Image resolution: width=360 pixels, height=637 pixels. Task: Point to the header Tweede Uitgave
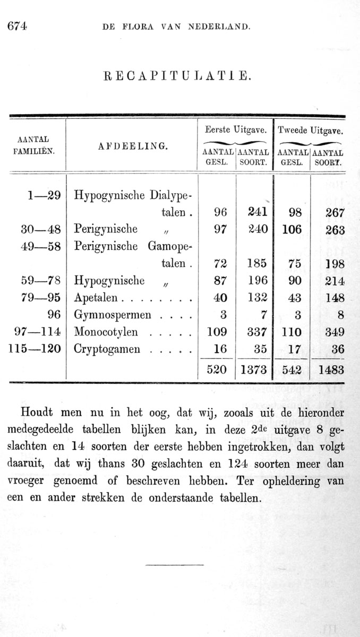pos(310,129)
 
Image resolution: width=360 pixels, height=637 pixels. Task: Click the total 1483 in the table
pos(331,370)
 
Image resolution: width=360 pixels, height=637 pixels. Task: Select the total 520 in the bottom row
pos(217,370)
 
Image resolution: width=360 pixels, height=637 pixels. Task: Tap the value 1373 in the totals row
pos(253,370)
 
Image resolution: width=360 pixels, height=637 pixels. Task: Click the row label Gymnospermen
pos(113,315)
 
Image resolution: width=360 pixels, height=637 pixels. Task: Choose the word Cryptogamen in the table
pos(107,349)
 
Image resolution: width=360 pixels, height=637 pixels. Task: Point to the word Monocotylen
pos(106,332)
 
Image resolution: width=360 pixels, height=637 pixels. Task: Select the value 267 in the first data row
pos(335,213)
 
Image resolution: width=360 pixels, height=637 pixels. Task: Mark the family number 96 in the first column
pos(54,315)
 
